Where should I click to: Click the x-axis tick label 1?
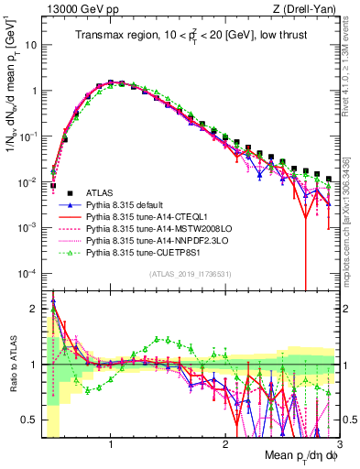tap(111, 444)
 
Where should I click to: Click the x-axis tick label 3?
tap(338, 444)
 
